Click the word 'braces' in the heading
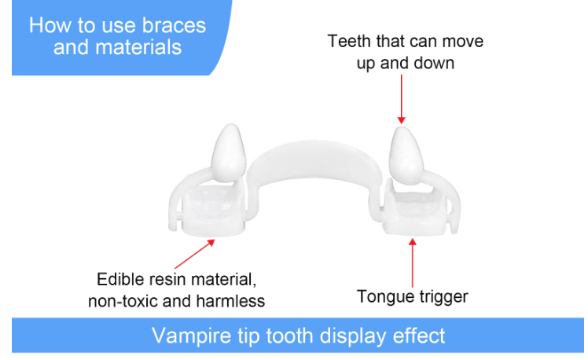(x=174, y=25)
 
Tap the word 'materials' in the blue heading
(x=138, y=47)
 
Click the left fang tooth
(x=228, y=153)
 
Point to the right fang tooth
(x=406, y=156)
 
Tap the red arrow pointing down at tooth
(x=401, y=99)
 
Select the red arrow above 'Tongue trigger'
(x=413, y=263)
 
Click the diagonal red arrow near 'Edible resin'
(x=195, y=254)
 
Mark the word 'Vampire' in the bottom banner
(x=191, y=336)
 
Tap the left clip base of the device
(x=213, y=211)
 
